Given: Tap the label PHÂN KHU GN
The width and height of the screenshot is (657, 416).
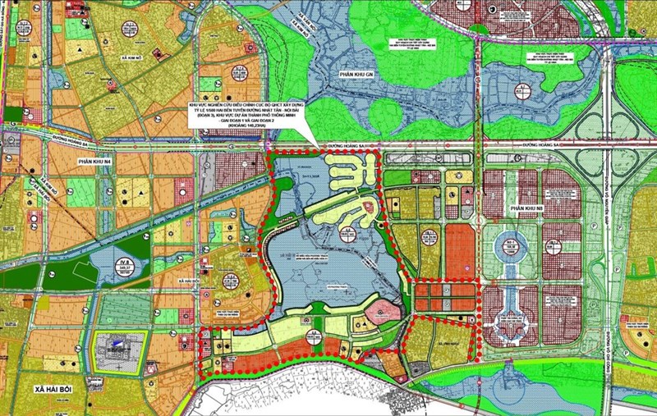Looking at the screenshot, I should click(x=358, y=75).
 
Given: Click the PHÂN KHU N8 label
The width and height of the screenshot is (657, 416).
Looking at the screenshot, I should click(x=527, y=209).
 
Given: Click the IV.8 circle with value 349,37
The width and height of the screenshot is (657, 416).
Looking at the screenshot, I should click(x=125, y=263).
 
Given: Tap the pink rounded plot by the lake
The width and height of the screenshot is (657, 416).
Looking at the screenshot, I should click(x=380, y=312).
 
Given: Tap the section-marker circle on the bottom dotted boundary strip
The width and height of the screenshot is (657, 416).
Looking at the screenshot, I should click(x=316, y=335).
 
